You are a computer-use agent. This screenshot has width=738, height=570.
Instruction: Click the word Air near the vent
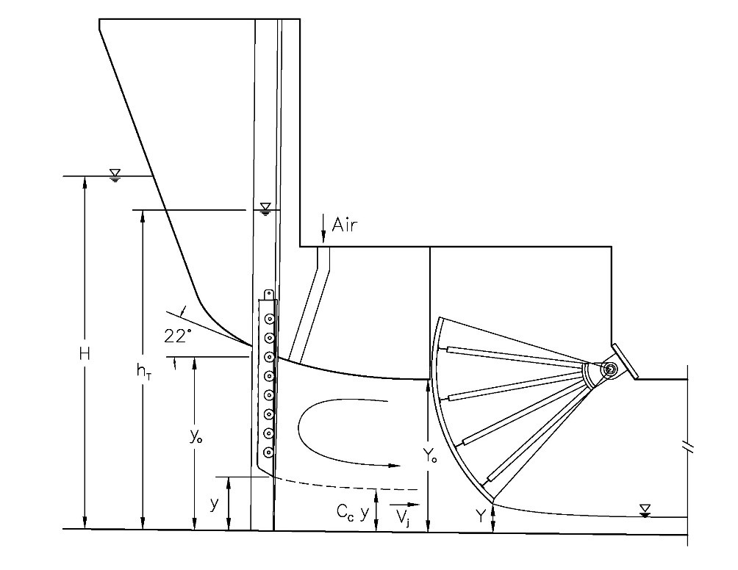coord(345,225)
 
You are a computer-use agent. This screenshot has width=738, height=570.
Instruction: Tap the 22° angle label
coord(178,336)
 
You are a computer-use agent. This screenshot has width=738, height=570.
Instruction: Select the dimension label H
coord(85,353)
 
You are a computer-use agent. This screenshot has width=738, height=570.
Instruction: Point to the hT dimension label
coord(143,372)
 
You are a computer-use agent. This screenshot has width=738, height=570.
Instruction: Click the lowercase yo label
coord(196,437)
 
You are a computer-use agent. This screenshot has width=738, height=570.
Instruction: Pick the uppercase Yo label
coord(429,455)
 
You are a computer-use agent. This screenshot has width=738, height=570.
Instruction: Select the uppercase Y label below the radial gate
coord(480,516)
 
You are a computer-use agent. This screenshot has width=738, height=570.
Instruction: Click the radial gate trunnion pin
coord(610,369)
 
